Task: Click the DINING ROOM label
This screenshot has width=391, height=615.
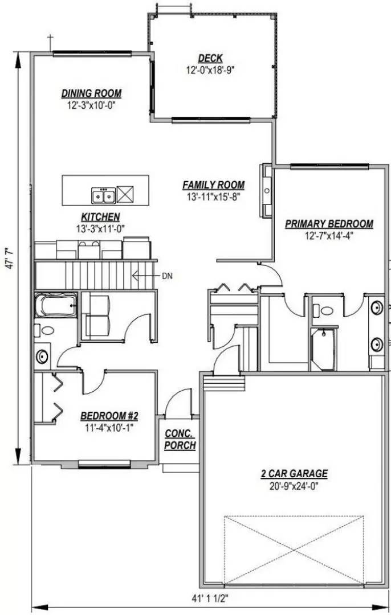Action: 91,93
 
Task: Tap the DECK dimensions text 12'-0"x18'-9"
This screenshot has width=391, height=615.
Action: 210,70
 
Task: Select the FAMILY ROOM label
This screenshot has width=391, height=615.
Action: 213,185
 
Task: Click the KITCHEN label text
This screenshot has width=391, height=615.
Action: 100,217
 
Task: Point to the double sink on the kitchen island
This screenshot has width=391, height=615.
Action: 103,195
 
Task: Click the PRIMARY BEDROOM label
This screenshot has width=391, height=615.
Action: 329,224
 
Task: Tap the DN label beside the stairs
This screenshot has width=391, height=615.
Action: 167,276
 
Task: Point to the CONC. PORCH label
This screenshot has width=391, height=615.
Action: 180,440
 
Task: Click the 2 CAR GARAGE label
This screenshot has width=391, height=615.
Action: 294,473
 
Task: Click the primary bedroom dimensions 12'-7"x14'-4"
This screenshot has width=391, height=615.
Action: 329,236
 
